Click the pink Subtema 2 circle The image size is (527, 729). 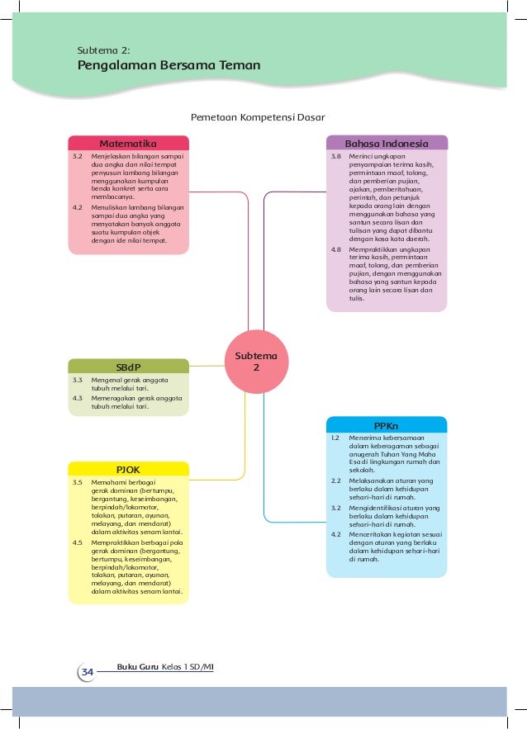pyautogui.click(x=256, y=362)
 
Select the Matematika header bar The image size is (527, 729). pyautogui.click(x=128, y=143)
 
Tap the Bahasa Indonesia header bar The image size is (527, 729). pyautogui.click(x=387, y=143)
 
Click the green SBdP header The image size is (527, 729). pyautogui.click(x=128, y=367)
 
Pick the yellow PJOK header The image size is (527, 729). pyautogui.click(x=128, y=469)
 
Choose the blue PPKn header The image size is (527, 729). pyautogui.click(x=387, y=425)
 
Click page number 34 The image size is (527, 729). pyautogui.click(x=87, y=673)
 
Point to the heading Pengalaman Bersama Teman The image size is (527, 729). pyautogui.click(x=169, y=65)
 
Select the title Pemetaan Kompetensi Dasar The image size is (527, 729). pyautogui.click(x=258, y=117)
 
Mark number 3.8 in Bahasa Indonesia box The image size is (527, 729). pyautogui.click(x=336, y=155)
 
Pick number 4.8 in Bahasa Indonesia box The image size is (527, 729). pyautogui.click(x=336, y=249)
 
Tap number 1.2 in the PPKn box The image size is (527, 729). pyautogui.click(x=336, y=438)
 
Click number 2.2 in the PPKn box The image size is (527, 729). pyautogui.click(x=336, y=480)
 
